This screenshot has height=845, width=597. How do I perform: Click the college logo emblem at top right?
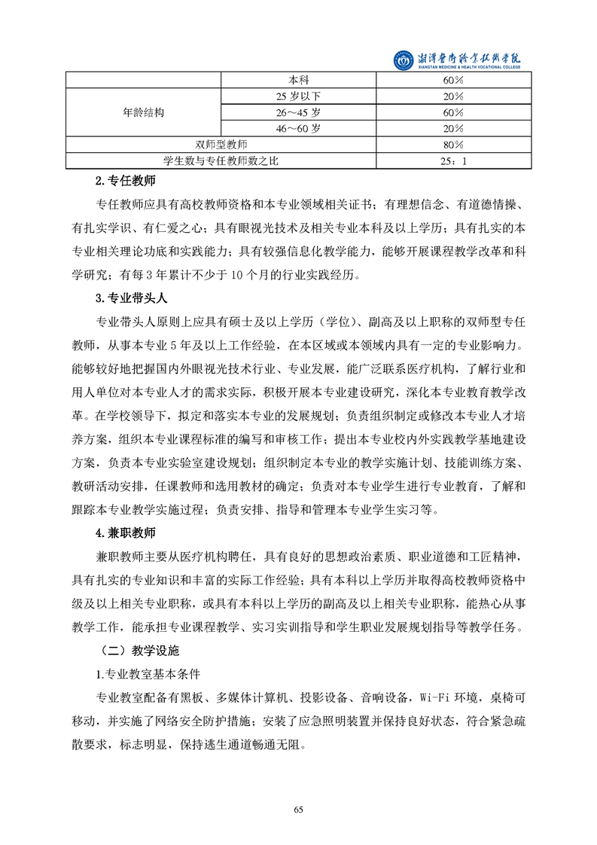point(404,59)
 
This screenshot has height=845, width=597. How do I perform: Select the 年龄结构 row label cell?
point(143,112)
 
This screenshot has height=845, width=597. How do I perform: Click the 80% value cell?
point(453,145)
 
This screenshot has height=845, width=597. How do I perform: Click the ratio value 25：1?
point(453,160)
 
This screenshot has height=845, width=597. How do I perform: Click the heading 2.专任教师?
point(125,182)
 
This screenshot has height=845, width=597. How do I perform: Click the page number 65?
point(298,810)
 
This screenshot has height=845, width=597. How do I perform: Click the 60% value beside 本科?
point(453,80)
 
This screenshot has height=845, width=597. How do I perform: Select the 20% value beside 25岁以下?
point(453,96)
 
